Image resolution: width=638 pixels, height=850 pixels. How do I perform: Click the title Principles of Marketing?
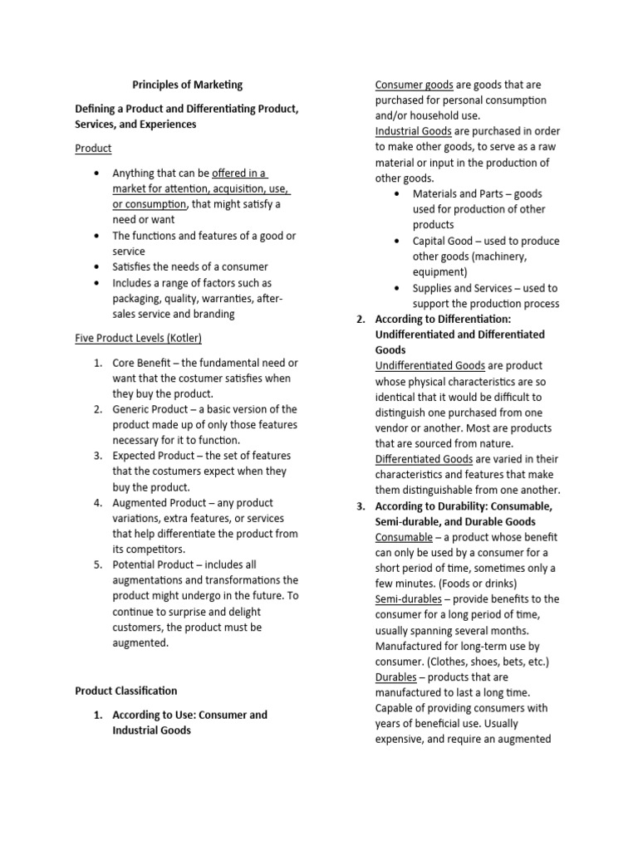188,85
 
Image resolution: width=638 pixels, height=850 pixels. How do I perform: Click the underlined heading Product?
93,149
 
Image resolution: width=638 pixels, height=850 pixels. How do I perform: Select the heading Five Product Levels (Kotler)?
138,338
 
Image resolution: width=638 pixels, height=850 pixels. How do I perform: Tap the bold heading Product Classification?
125,691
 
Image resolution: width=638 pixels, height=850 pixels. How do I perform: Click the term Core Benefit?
144,363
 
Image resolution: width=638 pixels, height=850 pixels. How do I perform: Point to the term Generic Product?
152,409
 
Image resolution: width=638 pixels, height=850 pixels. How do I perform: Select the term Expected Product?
155,456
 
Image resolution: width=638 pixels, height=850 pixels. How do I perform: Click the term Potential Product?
154,565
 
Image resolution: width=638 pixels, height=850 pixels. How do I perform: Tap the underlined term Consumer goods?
414,85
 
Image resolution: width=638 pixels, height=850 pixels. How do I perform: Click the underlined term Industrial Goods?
413,132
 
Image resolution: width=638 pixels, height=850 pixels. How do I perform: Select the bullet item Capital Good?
444,242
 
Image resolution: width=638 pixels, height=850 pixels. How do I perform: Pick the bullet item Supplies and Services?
465,288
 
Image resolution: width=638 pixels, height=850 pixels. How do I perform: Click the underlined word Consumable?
404,537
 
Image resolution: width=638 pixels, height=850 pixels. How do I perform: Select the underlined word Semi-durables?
409,599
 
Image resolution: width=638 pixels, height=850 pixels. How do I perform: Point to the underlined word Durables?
395,677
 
